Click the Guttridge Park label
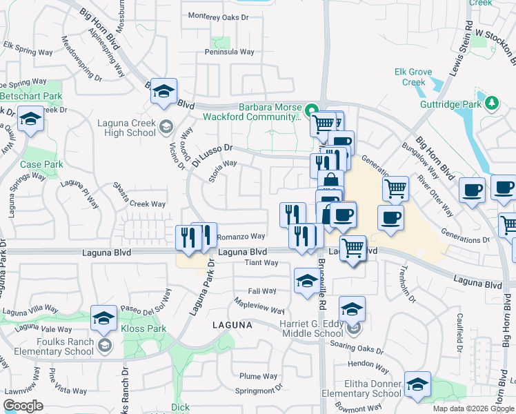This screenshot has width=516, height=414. pyautogui.click(x=449, y=105)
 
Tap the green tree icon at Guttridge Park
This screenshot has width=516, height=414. pyautogui.click(x=491, y=103)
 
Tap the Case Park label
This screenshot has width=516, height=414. pyautogui.click(x=41, y=165)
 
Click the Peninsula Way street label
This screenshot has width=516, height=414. pyautogui.click(x=229, y=52)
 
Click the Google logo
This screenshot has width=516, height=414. pyautogui.click(x=23, y=406)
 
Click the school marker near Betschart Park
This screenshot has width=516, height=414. pyautogui.click(x=30, y=119)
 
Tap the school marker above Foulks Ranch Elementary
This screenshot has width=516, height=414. pyautogui.click(x=103, y=317)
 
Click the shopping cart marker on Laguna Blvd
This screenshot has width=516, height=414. pyautogui.click(x=353, y=247)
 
